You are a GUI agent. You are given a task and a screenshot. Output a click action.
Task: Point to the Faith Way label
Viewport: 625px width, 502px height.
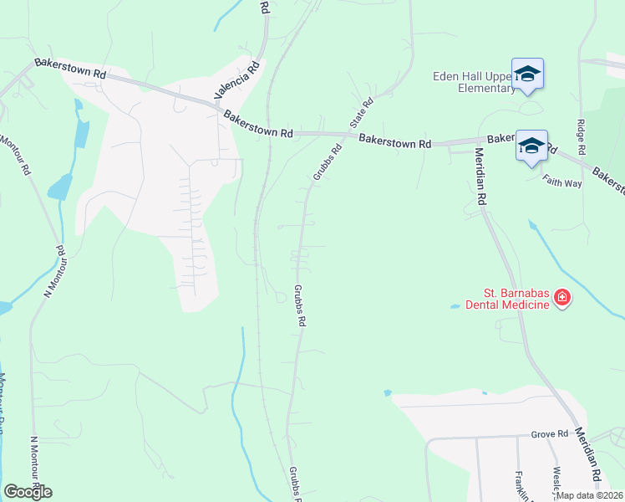click(x=562, y=182)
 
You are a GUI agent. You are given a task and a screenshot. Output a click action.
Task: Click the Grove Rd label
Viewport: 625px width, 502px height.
click(x=550, y=435)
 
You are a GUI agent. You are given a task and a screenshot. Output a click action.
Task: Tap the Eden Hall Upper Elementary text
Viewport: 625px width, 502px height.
click(x=474, y=81)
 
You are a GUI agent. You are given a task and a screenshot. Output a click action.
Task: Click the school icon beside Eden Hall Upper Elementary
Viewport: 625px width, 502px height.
click(x=528, y=74)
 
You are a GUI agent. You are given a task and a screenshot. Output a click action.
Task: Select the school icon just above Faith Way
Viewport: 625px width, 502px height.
click(x=532, y=146)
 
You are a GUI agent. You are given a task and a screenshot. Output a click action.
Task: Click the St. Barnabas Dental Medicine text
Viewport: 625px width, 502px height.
click(x=517, y=299)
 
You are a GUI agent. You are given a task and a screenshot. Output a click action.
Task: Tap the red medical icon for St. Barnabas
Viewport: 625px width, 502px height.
click(x=562, y=298)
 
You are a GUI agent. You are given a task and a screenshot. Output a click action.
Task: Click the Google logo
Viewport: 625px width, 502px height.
click(x=28, y=491)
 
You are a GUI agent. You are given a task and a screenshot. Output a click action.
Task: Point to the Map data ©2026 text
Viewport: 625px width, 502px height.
click(x=590, y=495)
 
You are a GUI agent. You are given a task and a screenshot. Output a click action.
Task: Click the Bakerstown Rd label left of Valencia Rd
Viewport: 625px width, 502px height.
click(x=70, y=69)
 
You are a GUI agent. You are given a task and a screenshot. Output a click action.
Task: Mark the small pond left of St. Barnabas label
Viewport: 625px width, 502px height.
click(x=455, y=307)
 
